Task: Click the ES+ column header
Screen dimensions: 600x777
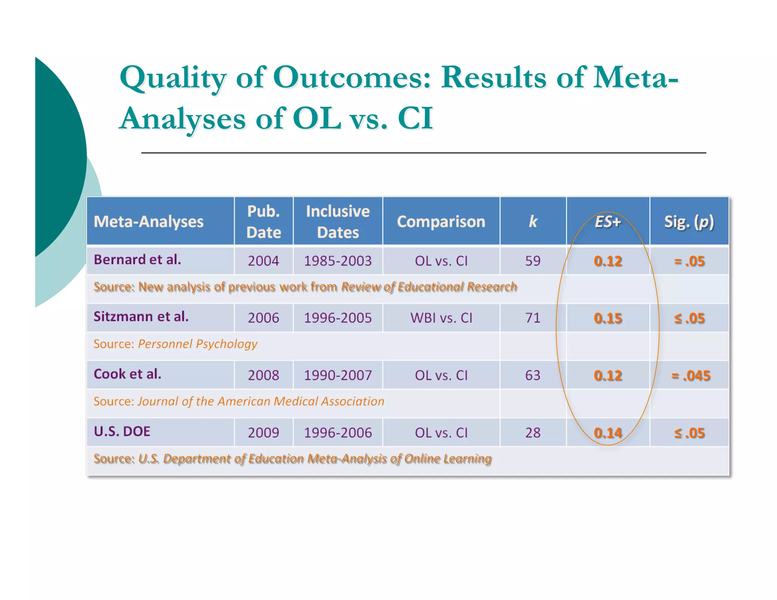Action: coord(607,221)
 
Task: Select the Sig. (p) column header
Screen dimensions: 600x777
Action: coord(689,221)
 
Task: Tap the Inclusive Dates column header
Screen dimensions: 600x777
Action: coord(338,221)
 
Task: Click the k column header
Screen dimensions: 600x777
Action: coord(533,221)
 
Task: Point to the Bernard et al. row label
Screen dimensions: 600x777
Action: coord(137,260)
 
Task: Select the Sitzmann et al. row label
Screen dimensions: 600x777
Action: coord(141,317)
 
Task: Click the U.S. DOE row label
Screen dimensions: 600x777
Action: coord(122,432)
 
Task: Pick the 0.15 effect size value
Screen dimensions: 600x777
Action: coord(608,318)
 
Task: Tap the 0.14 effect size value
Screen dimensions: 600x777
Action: coord(608,433)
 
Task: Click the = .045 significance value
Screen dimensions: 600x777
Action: coord(690,375)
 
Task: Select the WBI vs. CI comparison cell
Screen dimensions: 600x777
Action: coord(441,318)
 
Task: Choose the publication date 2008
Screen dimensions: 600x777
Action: coord(263,375)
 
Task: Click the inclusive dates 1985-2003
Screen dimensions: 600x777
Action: coord(338,261)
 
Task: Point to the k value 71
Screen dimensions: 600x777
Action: coord(533,318)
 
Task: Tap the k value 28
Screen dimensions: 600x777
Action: coord(533,433)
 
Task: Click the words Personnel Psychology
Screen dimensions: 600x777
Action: coord(197,344)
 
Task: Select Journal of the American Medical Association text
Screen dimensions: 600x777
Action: coord(261,401)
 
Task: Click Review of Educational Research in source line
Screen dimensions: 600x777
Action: coord(429,287)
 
